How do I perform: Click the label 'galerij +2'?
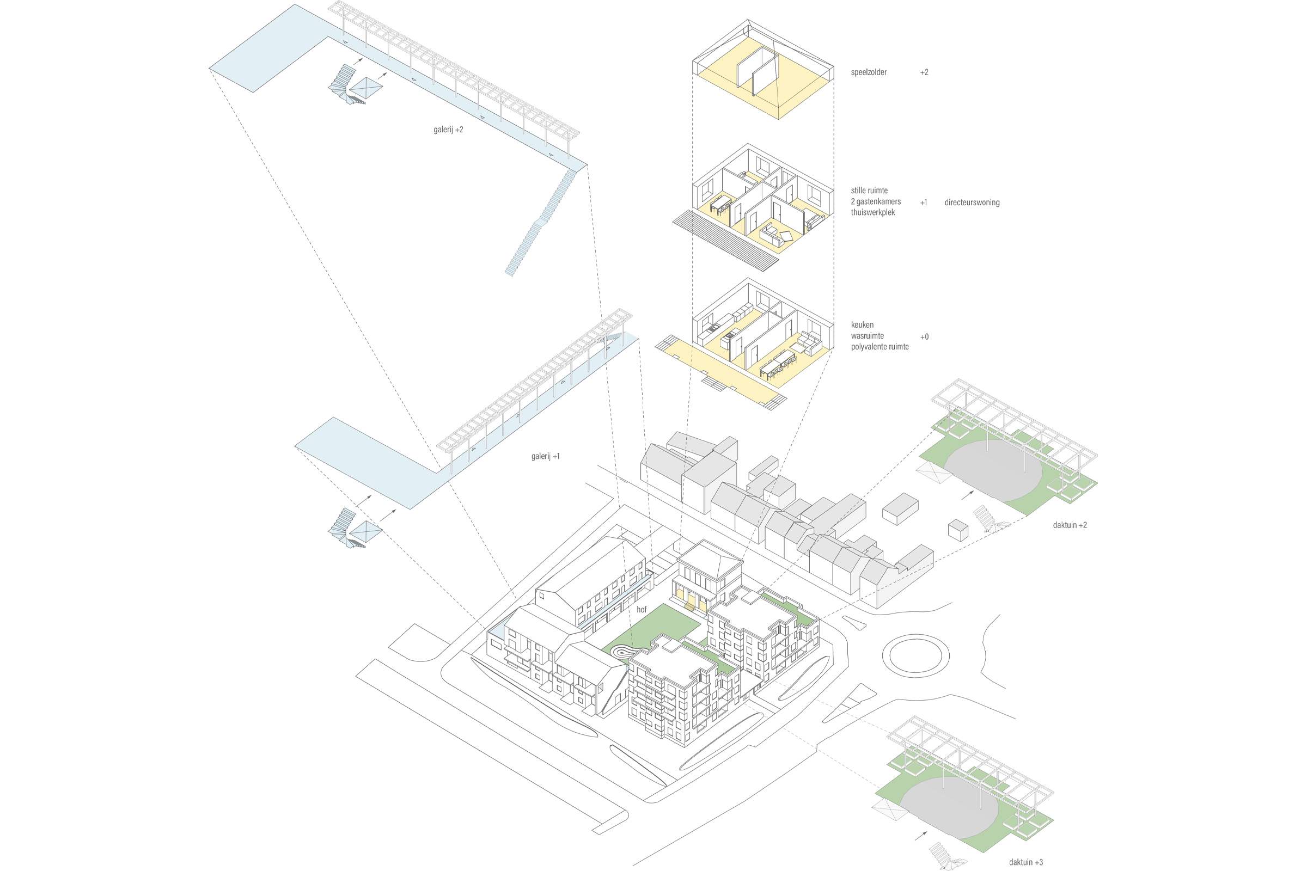click(448, 130)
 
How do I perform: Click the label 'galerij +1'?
click(545, 457)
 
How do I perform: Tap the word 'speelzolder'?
click(869, 72)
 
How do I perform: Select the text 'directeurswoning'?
click(972, 202)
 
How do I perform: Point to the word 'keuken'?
click(862, 325)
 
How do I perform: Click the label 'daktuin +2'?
click(1070, 524)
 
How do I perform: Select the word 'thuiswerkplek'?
click(873, 212)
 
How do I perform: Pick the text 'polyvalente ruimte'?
click(880, 347)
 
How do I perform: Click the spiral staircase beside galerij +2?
click(345, 85)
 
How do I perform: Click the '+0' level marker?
click(924, 336)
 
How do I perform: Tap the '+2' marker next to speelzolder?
click(924, 72)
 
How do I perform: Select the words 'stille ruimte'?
click(869, 191)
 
